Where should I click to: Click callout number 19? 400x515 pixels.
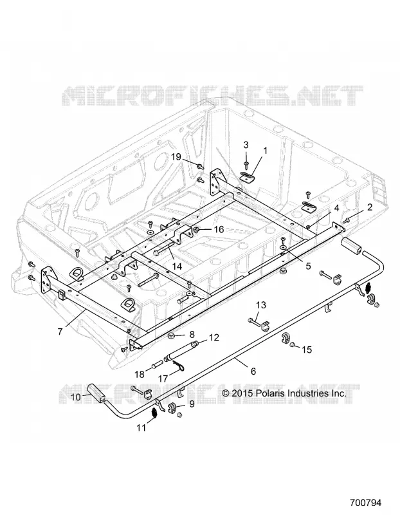[176, 157]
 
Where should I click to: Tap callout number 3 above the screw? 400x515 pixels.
[246, 145]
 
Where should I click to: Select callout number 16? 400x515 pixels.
[218, 229]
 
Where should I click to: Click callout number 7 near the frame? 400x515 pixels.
[60, 332]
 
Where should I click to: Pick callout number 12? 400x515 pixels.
[214, 337]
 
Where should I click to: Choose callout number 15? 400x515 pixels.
[307, 350]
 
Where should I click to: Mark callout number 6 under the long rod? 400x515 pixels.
[253, 371]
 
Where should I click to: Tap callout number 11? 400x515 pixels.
[141, 428]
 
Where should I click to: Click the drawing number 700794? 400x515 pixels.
[365, 503]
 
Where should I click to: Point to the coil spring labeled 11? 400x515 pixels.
[154, 414]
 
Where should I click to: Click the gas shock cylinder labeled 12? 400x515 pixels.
[181, 351]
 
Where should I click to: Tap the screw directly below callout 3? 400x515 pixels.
[246, 163]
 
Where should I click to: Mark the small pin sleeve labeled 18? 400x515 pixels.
[157, 364]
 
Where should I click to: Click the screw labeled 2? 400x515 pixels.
[346, 219]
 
